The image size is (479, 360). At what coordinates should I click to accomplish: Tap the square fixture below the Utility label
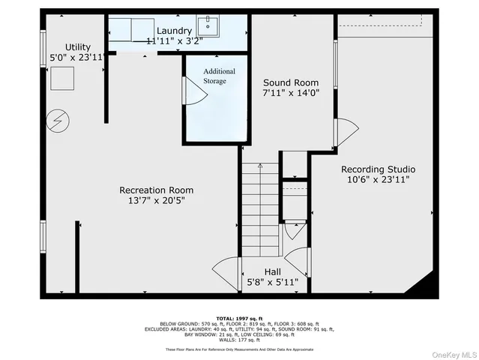point(62,78)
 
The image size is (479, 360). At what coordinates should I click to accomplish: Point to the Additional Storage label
point(220,76)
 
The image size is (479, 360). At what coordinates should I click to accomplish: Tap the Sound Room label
point(290,82)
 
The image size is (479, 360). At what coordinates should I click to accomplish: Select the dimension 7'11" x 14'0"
point(290,94)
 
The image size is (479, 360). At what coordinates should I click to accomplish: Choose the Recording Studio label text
point(378,169)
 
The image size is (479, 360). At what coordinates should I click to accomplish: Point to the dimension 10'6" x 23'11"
point(378,180)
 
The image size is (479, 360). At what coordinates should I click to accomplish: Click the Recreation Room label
point(151,190)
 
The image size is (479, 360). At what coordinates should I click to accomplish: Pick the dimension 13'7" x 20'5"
point(151,201)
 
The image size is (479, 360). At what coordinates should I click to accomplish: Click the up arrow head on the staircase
point(260,165)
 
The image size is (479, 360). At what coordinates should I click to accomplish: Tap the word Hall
point(273,271)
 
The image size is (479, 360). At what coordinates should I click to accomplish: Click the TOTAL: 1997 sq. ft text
point(240,319)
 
